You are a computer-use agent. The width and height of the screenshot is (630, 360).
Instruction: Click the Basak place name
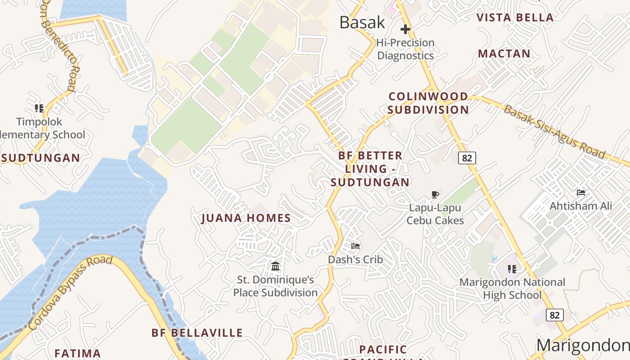(x=362, y=22)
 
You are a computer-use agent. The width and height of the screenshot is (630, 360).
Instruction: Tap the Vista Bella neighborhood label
(x=515, y=18)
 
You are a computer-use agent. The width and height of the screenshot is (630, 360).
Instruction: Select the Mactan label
(x=504, y=54)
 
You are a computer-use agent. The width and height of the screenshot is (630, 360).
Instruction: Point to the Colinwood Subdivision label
(x=428, y=103)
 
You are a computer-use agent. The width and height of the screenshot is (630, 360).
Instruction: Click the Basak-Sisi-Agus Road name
(x=554, y=131)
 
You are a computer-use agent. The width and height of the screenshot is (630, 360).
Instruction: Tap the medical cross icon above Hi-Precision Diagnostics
(x=405, y=30)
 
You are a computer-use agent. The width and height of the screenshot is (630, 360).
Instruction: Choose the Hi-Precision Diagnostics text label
(x=405, y=49)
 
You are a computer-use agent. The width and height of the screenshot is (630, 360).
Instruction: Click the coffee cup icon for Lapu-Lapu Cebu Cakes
(x=435, y=194)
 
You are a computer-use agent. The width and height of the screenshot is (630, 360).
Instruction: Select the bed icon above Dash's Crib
(x=355, y=246)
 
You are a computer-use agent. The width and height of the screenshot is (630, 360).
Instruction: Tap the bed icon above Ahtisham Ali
(x=581, y=193)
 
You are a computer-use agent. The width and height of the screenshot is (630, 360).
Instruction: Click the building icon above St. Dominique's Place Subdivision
(x=275, y=266)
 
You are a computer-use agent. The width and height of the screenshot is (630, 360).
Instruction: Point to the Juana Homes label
(x=246, y=218)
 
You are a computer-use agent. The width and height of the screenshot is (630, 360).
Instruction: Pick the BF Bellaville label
(x=197, y=333)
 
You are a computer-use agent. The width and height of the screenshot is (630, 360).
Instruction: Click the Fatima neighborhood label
(x=77, y=353)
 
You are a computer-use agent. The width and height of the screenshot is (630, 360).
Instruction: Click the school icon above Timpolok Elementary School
(x=39, y=108)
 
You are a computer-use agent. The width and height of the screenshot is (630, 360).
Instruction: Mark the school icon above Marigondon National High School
(x=512, y=269)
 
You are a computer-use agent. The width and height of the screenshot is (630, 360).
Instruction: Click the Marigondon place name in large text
(x=583, y=346)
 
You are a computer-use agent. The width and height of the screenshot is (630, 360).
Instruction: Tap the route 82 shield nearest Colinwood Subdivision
(x=467, y=158)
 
